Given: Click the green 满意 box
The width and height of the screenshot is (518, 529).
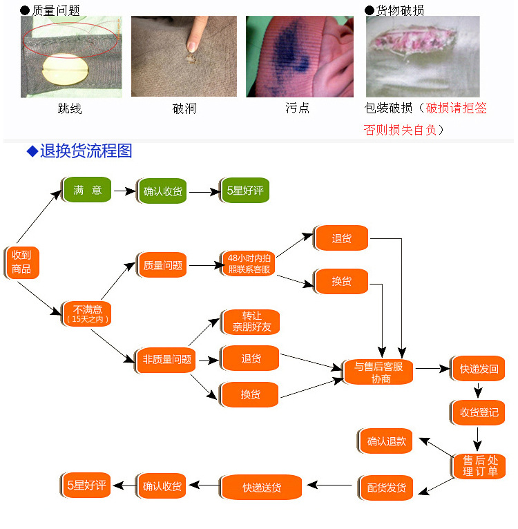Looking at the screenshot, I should pos(88,190).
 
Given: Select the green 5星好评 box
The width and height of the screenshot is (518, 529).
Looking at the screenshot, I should pos(244,191).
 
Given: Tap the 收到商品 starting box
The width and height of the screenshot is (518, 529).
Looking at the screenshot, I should pos(21,262).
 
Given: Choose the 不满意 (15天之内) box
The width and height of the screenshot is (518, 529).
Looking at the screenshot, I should pos(88,314).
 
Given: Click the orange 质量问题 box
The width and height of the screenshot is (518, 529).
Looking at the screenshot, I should pos(162,265).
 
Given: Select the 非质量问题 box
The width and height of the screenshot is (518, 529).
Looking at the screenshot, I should pos(166,359).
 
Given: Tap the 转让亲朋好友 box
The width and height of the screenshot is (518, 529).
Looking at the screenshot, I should pos(251,322).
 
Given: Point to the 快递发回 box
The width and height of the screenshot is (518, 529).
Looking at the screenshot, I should pos(479,368).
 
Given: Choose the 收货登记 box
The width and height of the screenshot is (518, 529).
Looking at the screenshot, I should pos(479,413).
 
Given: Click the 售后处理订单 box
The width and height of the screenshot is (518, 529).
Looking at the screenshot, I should pos(479,465).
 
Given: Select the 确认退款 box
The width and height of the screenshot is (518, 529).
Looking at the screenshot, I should pos(386,441).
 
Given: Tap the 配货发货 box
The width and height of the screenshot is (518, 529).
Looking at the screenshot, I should pos(386,488).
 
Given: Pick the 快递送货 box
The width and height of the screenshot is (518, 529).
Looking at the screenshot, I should pos(261,488).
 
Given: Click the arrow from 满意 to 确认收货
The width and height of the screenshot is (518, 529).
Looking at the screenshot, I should pos(125,191).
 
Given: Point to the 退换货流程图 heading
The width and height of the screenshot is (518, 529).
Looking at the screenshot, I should pos(86,151).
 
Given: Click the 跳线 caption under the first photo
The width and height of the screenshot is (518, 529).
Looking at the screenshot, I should pos(70,109).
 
